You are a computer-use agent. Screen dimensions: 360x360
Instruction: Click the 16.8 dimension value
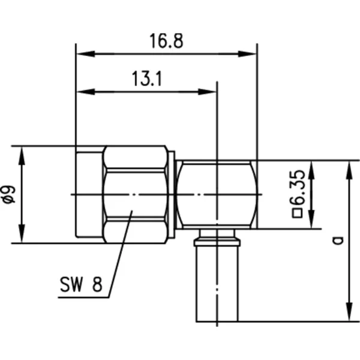coord(166,41)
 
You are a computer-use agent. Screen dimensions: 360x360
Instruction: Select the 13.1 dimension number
coord(147,79)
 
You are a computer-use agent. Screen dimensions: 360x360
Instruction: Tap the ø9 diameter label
coord(9,194)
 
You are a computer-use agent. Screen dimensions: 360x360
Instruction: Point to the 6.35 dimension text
coord(298,188)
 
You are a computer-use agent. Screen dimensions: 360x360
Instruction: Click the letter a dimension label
coord(338,240)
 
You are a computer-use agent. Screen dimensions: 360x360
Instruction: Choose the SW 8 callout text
coord(81,284)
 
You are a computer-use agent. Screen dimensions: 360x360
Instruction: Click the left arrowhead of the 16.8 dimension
coord(85,54)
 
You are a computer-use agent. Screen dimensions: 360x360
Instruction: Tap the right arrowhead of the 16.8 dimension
coord(247,54)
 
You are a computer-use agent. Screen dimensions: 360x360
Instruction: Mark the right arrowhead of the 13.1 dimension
coord(208,92)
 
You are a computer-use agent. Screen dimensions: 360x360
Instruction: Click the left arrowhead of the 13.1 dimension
coord(85,92)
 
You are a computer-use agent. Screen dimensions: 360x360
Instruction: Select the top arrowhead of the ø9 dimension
coord(22,156)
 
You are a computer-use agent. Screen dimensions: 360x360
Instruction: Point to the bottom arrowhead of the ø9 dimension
coord(22,233)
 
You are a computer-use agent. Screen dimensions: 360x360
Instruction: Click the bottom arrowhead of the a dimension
coord(349,312)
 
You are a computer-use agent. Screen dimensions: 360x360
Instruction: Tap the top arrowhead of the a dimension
coord(349,170)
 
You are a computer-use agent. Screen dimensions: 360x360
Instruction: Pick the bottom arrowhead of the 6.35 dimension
coord(311,219)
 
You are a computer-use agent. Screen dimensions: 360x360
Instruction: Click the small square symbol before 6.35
coord(298,214)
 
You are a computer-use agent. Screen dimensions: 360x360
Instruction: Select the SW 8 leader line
coord(120,254)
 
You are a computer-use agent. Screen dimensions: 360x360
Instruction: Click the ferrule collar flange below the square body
coord(217,242)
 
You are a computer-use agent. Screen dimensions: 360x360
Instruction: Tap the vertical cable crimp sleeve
coord(217,284)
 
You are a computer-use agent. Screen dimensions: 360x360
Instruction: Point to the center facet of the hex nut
coord(136,194)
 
